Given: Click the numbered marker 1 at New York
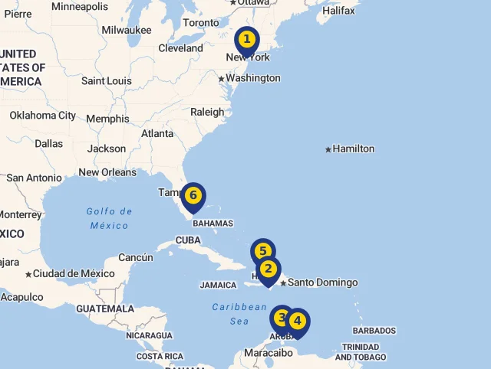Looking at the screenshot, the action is coord(246,39).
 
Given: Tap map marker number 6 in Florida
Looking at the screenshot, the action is coord(193,196).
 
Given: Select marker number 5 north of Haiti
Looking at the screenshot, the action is coord(262,251).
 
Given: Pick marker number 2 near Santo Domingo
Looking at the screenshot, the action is coord(268,269).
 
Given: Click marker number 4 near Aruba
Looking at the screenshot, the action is coord(297,322).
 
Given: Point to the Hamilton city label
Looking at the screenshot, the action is coord(353,149).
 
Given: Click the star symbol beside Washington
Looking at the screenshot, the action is coord(221,79).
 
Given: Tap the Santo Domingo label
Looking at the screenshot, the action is coord(322,282).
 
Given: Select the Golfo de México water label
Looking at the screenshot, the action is coord(110,218).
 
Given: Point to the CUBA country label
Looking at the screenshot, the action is coord(188,240).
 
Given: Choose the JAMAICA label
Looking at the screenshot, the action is coord(219,285).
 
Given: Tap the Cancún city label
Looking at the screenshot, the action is coord(136,257).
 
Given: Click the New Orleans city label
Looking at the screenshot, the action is coord(107,172).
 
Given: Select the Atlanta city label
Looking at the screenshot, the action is coord(157,133).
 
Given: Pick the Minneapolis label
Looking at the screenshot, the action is coord(80,6).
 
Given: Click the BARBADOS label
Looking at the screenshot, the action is coord(374,331).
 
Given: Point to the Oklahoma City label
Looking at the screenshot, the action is coord(43,116).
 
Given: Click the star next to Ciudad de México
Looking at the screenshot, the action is coord(28,274).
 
